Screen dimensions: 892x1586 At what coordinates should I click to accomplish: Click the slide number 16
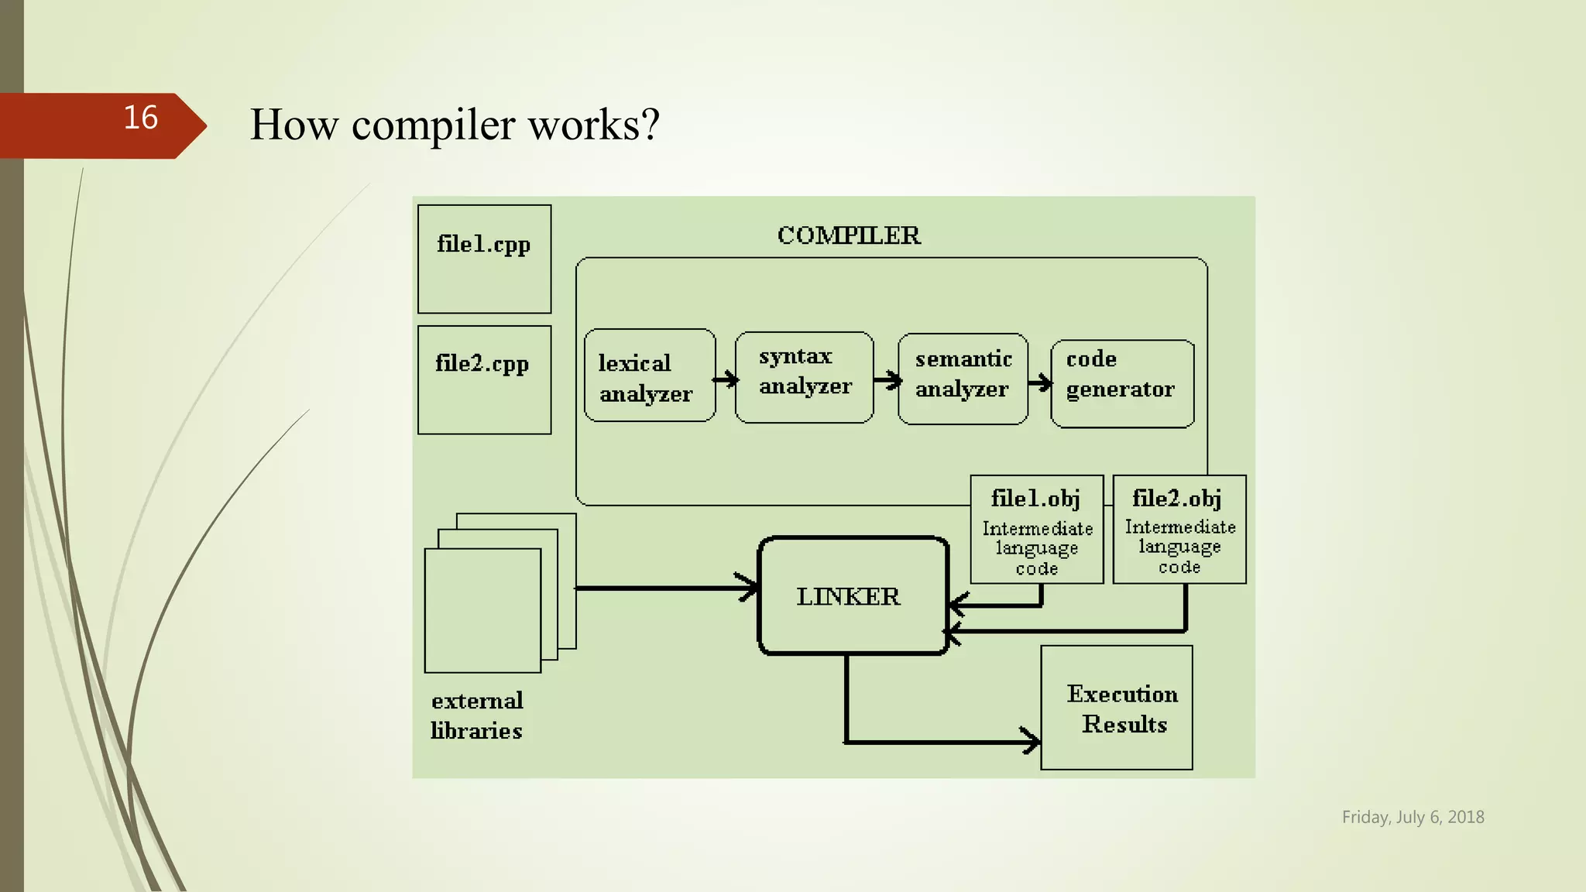tap(140, 118)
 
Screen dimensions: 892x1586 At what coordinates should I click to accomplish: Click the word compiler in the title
tap(433, 125)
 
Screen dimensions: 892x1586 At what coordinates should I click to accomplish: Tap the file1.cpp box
tap(484, 259)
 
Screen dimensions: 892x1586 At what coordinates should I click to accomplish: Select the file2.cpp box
tap(484, 379)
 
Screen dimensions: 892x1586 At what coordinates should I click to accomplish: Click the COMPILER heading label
tap(849, 235)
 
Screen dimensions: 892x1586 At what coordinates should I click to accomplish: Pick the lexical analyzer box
tap(649, 376)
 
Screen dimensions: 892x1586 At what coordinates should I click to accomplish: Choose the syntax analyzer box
tap(804, 377)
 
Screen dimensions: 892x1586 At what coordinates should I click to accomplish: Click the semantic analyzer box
tap(963, 379)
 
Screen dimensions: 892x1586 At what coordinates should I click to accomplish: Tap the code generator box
tap(1121, 383)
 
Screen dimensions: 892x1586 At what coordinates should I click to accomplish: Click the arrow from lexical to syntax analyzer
tap(726, 379)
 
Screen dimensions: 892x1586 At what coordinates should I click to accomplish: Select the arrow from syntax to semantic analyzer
tap(887, 379)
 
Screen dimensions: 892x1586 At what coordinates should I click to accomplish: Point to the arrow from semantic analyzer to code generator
tap(1040, 383)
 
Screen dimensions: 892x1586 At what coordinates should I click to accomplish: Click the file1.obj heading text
tap(1035, 499)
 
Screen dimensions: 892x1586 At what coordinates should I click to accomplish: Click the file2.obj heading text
tap(1177, 498)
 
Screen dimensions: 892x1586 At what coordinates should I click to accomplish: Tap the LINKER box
tap(853, 595)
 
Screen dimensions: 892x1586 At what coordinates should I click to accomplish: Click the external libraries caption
tap(477, 715)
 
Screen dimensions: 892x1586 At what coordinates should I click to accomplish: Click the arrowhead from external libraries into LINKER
tap(748, 587)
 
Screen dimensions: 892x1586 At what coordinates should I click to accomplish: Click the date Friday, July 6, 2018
tap(1413, 817)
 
